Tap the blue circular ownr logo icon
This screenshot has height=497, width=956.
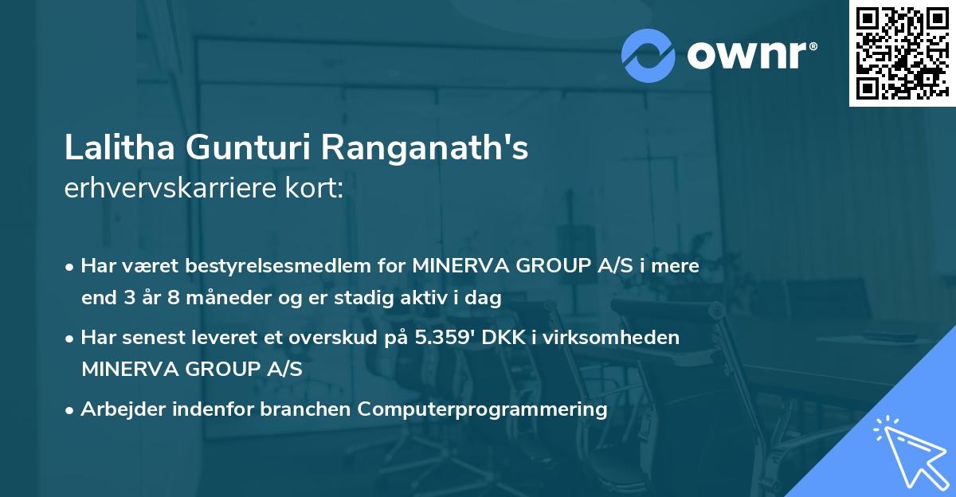click(x=648, y=55)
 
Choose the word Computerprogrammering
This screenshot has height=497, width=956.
click(x=483, y=409)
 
